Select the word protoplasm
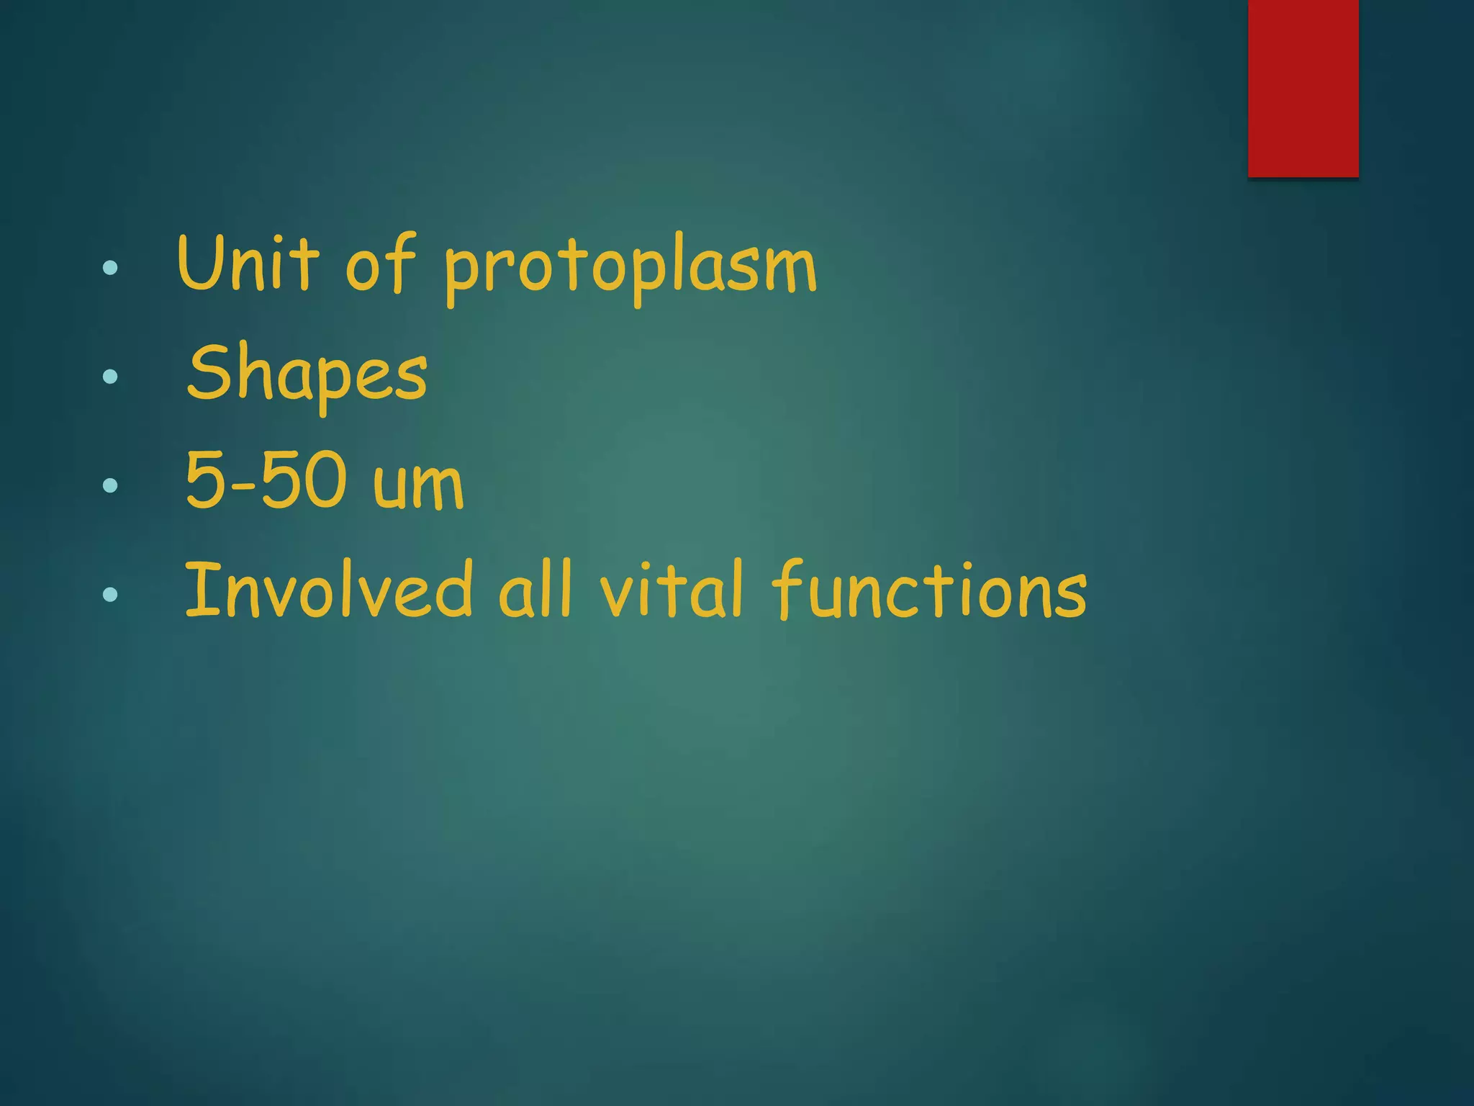click(630, 269)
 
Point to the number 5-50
click(266, 481)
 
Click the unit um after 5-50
click(418, 485)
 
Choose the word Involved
click(328, 590)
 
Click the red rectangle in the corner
click(1303, 88)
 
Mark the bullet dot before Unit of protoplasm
click(110, 268)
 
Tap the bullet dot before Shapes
click(110, 376)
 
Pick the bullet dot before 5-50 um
click(110, 485)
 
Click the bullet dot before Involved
click(110, 594)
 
